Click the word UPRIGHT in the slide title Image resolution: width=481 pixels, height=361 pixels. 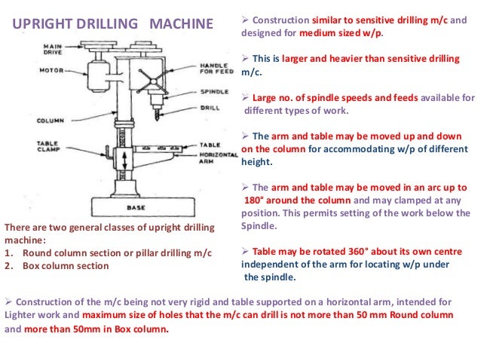[x=40, y=23]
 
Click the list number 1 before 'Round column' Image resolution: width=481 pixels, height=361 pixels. [x=8, y=252]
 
